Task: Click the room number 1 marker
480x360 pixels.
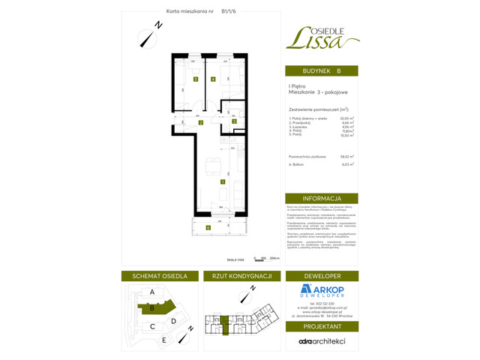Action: point(222,181)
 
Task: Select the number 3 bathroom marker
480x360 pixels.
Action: point(234,121)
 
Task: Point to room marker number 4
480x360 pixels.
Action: point(213,79)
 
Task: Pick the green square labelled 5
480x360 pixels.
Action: point(195,79)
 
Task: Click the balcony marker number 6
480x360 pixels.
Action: point(208,227)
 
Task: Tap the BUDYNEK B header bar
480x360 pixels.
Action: point(321,71)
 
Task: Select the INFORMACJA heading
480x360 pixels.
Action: point(321,198)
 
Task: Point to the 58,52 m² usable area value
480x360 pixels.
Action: point(347,157)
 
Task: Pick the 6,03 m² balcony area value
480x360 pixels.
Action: point(347,164)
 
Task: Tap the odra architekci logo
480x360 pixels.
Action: point(321,341)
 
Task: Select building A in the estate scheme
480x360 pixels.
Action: point(152,292)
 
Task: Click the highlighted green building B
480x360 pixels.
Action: point(152,307)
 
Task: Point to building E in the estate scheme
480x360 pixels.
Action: point(164,340)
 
